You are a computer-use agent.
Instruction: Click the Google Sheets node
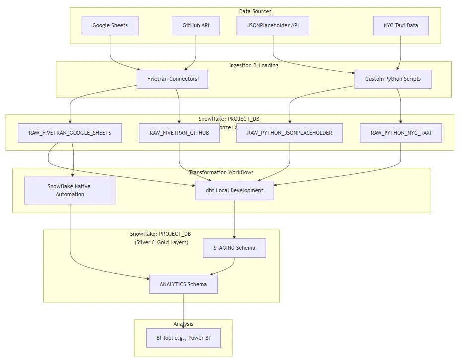click(x=110, y=26)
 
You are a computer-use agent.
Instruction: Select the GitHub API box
click(x=196, y=26)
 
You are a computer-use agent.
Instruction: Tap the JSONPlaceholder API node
click(x=273, y=26)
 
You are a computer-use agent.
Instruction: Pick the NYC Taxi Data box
click(x=401, y=26)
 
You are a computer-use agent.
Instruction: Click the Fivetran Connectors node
click(x=172, y=79)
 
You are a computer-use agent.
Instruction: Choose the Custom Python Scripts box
click(x=392, y=79)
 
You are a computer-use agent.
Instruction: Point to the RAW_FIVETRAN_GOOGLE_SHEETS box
click(x=70, y=133)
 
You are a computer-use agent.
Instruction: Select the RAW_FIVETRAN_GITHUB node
click(x=179, y=133)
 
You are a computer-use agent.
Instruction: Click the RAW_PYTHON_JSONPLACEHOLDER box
click(x=290, y=133)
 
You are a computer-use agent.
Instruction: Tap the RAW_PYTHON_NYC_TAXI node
click(x=401, y=133)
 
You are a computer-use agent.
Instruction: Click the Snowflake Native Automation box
click(x=70, y=190)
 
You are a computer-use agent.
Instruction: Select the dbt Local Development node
click(x=234, y=190)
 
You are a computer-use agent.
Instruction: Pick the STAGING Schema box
click(x=234, y=248)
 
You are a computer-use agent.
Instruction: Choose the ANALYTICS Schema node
click(x=183, y=284)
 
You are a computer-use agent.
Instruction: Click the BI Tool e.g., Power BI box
click(x=183, y=338)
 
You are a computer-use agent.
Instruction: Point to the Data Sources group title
click(x=255, y=11)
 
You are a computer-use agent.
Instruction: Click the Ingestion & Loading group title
click(x=253, y=65)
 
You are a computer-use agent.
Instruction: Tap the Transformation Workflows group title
click(x=221, y=172)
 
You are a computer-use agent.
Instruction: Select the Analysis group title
click(x=183, y=324)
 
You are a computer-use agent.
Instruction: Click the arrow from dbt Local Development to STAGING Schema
click(x=234, y=218)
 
